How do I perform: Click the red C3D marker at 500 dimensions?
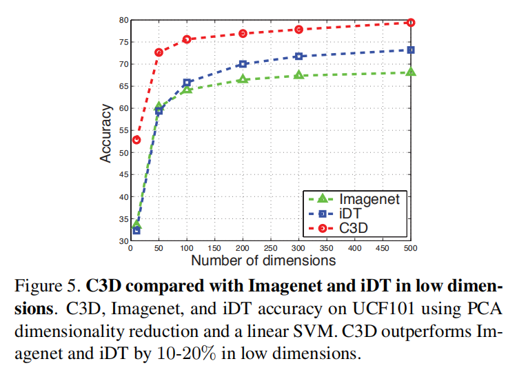click(x=411, y=23)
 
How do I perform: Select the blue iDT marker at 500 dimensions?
click(x=411, y=50)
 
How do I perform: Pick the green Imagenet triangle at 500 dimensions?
click(x=411, y=72)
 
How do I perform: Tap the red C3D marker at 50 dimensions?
click(x=159, y=52)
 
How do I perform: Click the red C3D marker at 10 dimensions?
click(x=136, y=139)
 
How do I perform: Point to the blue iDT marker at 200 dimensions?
click(x=243, y=63)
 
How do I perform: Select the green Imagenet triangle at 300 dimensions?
click(x=299, y=74)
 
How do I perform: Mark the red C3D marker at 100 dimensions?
click(x=187, y=39)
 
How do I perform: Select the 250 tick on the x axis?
click(x=271, y=247)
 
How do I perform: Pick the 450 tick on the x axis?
click(x=383, y=247)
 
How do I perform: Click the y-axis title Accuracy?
click(x=105, y=133)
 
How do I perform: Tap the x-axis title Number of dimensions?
click(x=263, y=260)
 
